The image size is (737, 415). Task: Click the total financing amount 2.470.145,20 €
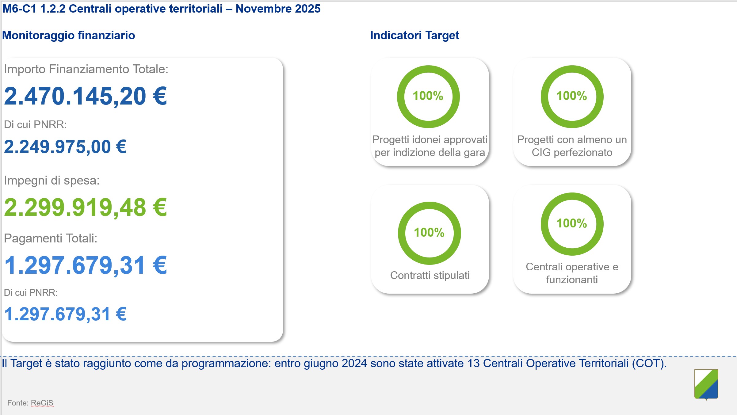click(x=85, y=96)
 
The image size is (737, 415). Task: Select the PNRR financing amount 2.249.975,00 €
click(x=65, y=147)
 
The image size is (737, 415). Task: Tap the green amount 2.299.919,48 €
click(x=85, y=207)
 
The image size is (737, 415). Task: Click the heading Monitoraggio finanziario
click(x=68, y=36)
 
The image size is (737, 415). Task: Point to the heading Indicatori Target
click(x=414, y=36)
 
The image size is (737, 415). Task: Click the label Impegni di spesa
click(x=52, y=181)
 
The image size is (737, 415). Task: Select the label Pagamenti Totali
click(x=50, y=238)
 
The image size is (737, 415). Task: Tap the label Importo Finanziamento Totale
click(x=86, y=69)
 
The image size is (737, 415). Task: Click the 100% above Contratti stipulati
click(x=429, y=233)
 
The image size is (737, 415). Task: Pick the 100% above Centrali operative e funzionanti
click(x=572, y=223)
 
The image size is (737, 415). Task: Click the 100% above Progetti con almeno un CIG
click(x=572, y=96)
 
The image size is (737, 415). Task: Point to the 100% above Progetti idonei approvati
click(x=428, y=96)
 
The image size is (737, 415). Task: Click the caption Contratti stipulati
click(x=430, y=275)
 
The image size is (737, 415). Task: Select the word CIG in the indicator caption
click(x=541, y=152)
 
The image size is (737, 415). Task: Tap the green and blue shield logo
click(x=706, y=384)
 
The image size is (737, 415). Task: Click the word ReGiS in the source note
click(x=42, y=403)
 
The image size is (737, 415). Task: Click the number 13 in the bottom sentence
click(x=473, y=364)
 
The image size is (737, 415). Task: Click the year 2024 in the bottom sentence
click(x=354, y=364)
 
